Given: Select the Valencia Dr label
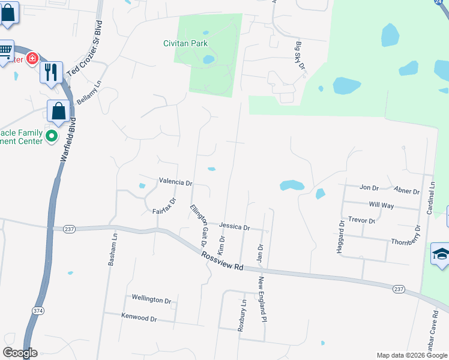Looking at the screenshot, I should [x=175, y=182].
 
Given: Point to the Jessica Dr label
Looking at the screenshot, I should [x=234, y=227].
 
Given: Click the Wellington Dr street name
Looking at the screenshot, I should [x=151, y=299].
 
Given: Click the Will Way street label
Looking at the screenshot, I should [x=381, y=205].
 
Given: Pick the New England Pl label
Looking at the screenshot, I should [x=262, y=299].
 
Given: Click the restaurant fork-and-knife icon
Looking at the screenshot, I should [x=51, y=72].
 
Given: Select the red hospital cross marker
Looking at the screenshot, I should [x=31, y=59].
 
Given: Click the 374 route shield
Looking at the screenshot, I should [x=38, y=310].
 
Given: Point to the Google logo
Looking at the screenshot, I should [x=20, y=353].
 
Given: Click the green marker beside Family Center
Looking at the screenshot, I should [x=52, y=136].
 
